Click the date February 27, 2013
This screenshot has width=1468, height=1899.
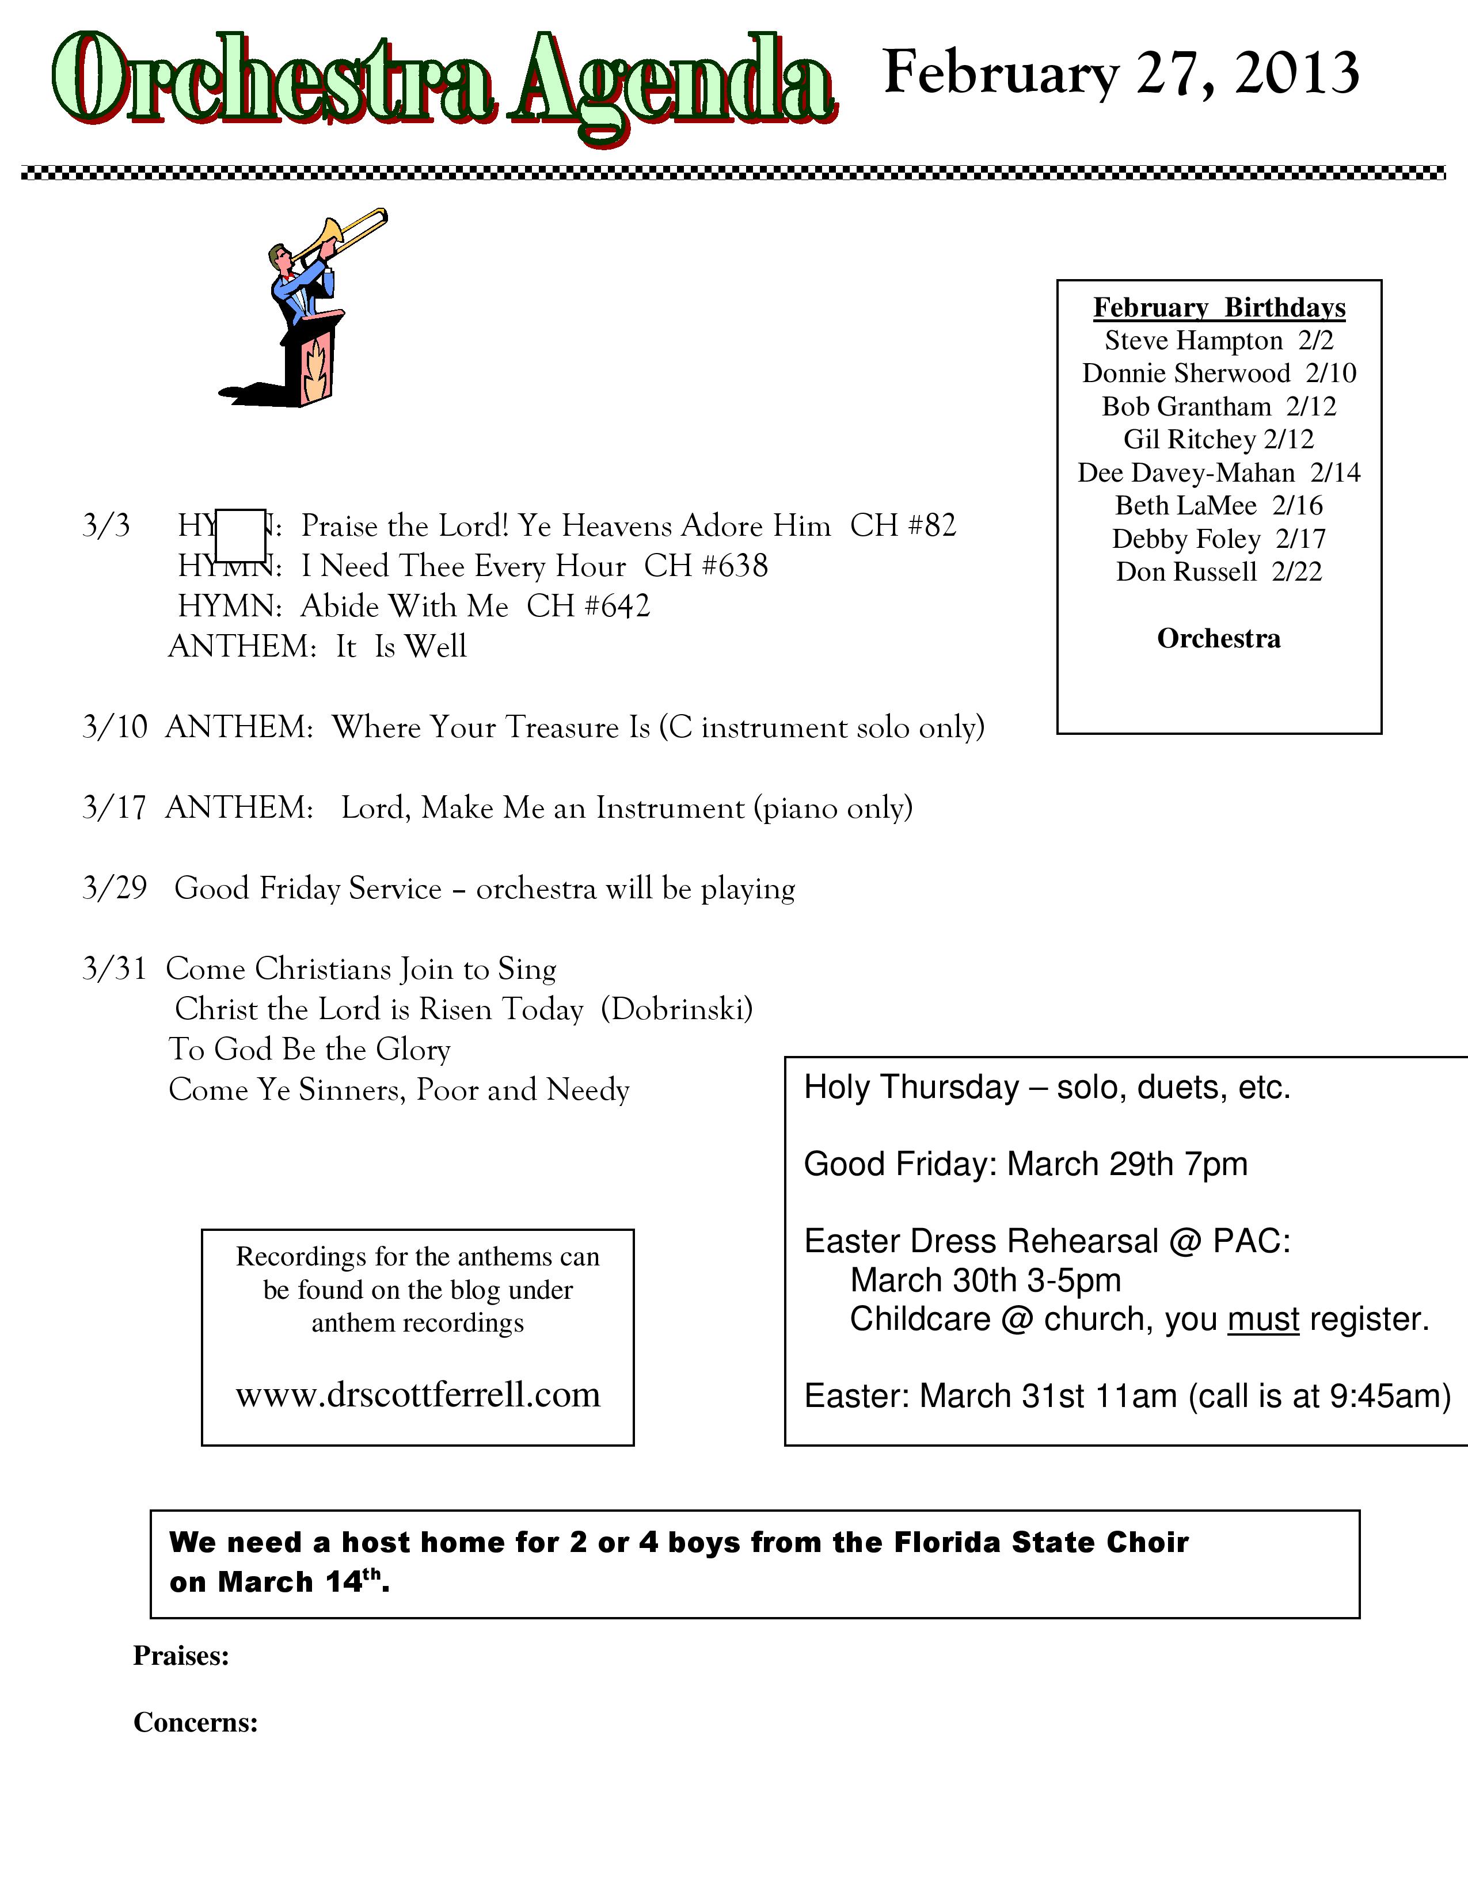(x=1120, y=73)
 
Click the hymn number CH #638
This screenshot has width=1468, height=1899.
(x=706, y=567)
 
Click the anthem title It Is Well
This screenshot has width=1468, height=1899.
(x=402, y=647)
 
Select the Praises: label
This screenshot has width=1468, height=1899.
(x=181, y=1656)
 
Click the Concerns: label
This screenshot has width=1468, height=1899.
(x=196, y=1722)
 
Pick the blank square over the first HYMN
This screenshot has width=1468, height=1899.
(x=240, y=536)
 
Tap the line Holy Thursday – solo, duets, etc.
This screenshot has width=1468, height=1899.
(x=1047, y=1088)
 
